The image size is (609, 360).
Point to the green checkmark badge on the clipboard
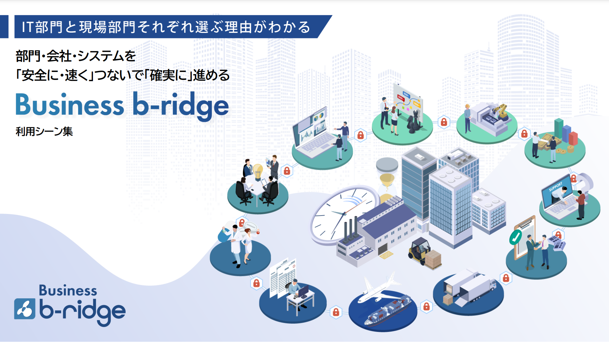coord(515,237)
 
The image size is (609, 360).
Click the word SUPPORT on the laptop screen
coord(555,187)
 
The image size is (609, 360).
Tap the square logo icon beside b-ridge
coord(25,309)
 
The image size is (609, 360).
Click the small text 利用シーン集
coord(44,131)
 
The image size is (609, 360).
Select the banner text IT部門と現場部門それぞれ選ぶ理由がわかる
coord(166,27)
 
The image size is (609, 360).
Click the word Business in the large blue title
coord(70,105)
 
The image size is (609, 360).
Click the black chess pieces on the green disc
coord(414,123)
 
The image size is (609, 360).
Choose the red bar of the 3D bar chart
coord(573,138)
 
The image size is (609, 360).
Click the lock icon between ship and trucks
coord(426,307)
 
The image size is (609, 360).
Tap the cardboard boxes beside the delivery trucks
coord(448,299)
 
